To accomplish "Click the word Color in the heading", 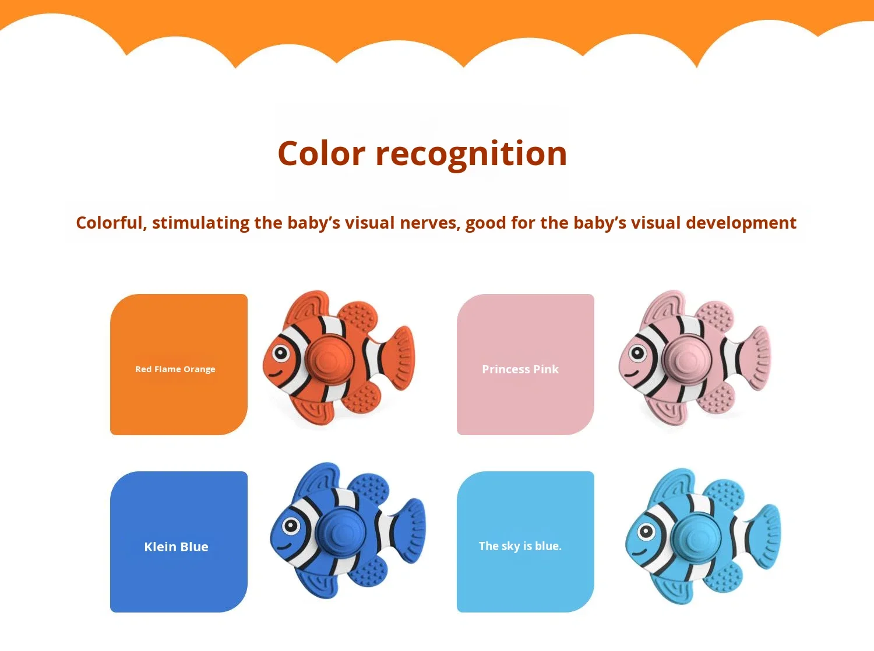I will click(x=321, y=154).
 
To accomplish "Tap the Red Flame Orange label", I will click(x=175, y=369).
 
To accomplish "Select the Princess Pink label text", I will click(x=520, y=369).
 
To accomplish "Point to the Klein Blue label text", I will click(x=176, y=547).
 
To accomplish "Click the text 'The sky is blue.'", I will click(x=520, y=547).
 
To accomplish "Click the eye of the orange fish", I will click(x=281, y=353).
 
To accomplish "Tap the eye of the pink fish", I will click(x=637, y=353).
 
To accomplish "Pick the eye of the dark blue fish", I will click(x=290, y=526).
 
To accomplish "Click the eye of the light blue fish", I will click(x=646, y=531).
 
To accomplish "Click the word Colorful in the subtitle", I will click(x=110, y=223).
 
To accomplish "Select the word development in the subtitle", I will click(x=741, y=223).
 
